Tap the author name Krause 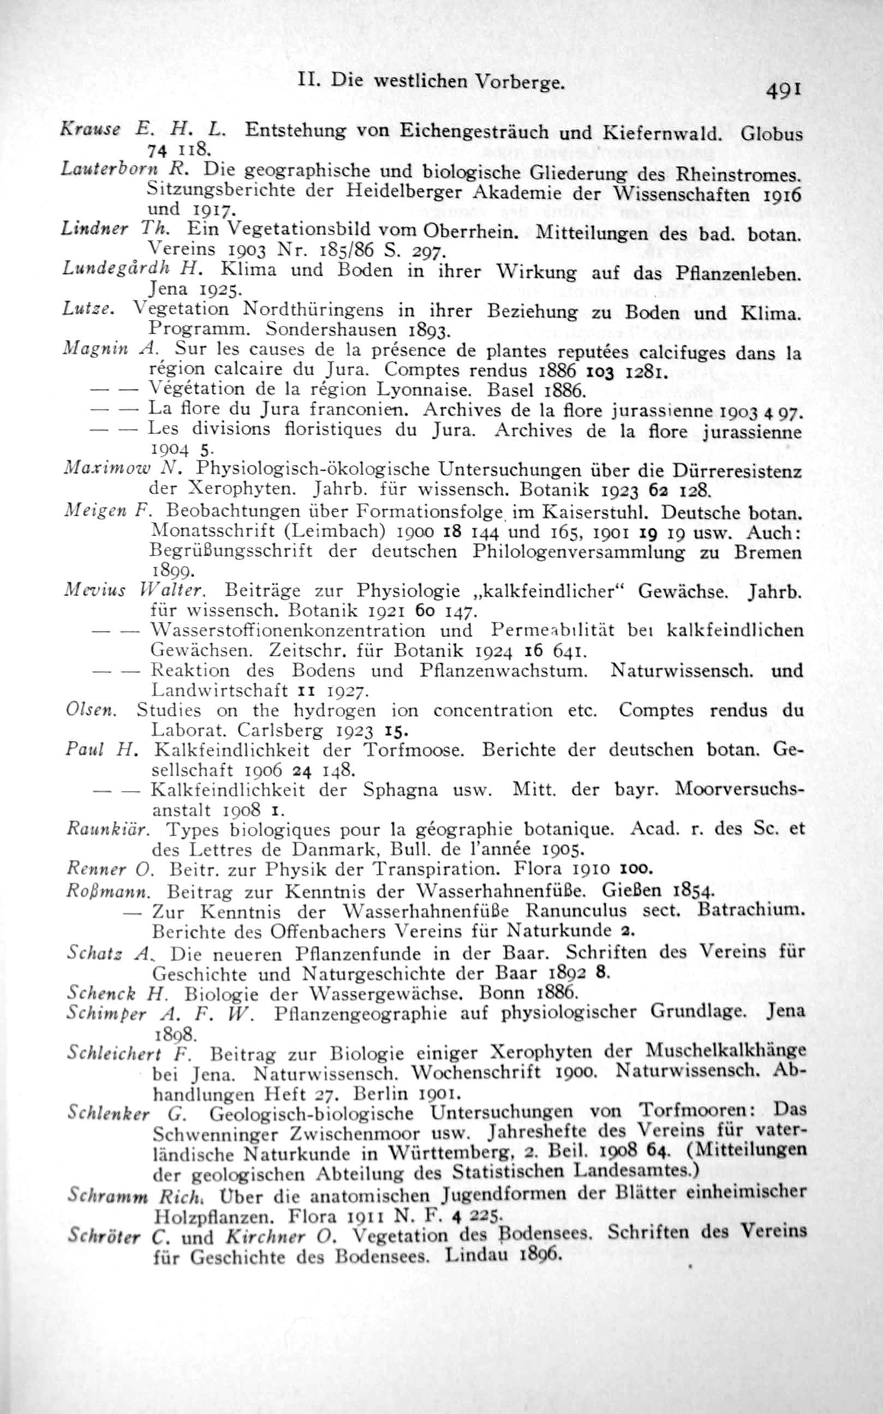[90, 130]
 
